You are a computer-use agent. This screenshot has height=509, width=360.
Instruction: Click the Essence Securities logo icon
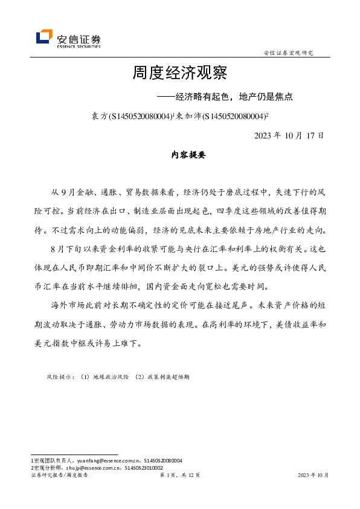[44, 37]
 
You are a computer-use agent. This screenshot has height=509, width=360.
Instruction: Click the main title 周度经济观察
[179, 74]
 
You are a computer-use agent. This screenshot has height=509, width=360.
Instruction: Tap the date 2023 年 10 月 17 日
[289, 135]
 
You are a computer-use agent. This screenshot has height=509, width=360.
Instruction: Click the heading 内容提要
[189, 155]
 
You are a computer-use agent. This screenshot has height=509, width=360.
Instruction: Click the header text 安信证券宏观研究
[289, 53]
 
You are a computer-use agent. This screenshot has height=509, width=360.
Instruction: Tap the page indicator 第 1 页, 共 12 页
[179, 476]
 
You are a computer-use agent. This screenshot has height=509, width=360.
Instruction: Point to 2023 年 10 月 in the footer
[313, 476]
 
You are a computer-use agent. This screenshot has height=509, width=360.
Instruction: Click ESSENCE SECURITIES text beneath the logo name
[79, 45]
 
